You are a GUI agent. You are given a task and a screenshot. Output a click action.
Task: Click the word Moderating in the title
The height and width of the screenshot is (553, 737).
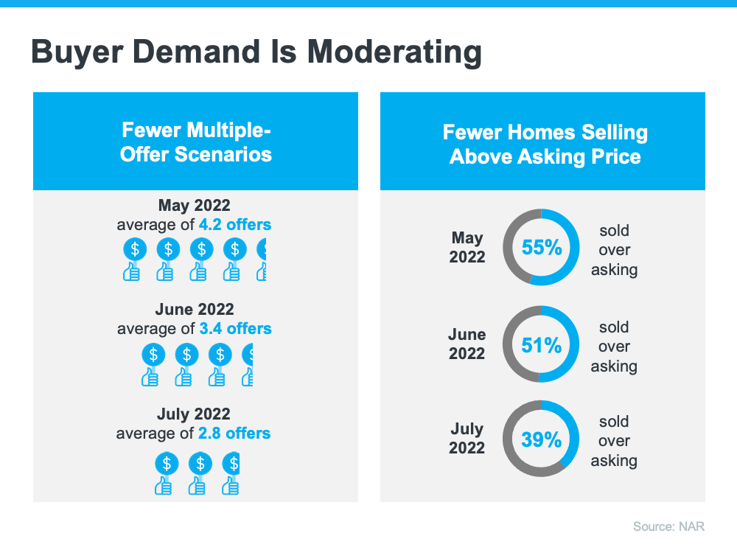pyautogui.click(x=394, y=52)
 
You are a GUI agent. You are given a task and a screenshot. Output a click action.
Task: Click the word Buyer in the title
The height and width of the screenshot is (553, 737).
pyautogui.click(x=76, y=52)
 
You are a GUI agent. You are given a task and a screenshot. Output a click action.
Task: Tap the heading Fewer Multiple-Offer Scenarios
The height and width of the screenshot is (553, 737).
pyautogui.click(x=195, y=142)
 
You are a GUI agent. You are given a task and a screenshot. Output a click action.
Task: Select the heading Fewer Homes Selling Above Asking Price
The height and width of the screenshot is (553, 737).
pyautogui.click(x=545, y=145)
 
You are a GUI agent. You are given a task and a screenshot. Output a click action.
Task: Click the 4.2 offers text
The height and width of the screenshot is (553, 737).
pyautogui.click(x=235, y=224)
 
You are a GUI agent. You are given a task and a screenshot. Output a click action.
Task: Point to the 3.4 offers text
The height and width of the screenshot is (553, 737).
pyautogui.click(x=236, y=328)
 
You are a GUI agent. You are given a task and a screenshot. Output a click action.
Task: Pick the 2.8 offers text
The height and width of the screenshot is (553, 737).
pyautogui.click(x=234, y=433)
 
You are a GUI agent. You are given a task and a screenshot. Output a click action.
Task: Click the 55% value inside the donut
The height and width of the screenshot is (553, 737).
pyautogui.click(x=542, y=247)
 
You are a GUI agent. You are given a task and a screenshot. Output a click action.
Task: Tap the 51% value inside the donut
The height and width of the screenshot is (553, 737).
pyautogui.click(x=542, y=346)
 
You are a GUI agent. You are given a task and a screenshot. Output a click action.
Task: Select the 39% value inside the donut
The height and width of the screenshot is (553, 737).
pyautogui.click(x=542, y=440)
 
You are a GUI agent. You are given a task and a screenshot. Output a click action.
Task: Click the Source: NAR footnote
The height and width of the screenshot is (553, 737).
pyautogui.click(x=669, y=526)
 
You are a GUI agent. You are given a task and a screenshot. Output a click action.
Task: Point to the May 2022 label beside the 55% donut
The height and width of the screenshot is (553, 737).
pyautogui.click(x=467, y=247)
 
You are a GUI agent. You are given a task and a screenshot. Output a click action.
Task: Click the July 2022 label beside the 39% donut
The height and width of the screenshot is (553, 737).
pyautogui.click(x=467, y=438)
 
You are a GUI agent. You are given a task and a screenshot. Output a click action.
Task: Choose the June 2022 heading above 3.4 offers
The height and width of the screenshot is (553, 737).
pyautogui.click(x=195, y=309)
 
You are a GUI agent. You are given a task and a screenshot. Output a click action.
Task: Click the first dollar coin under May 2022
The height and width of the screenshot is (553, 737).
pyautogui.click(x=135, y=249)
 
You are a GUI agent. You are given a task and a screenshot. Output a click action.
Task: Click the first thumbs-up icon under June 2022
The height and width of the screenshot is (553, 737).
pyautogui.click(x=150, y=377)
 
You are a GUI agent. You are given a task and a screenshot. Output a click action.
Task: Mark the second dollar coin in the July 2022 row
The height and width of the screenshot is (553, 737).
pyautogui.click(x=200, y=464)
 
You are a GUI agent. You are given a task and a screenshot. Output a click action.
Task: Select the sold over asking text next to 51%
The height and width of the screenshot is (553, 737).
pyautogui.click(x=614, y=347)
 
